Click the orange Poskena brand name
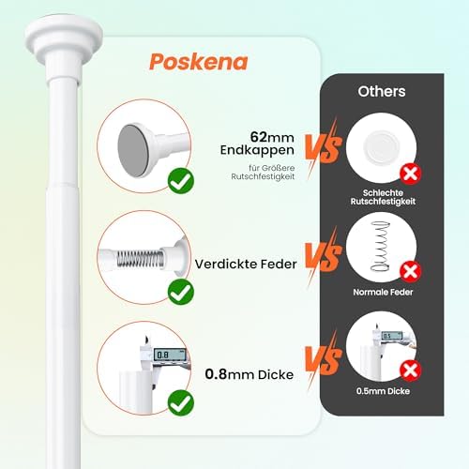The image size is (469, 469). [199, 62]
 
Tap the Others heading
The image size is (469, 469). [382, 91]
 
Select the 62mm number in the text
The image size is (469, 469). [272, 137]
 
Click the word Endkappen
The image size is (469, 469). [257, 150]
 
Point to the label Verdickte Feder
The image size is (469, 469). [246, 265]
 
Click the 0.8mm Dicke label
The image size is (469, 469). [250, 374]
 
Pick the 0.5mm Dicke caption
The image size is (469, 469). [383, 391]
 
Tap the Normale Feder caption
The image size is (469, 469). [383, 292]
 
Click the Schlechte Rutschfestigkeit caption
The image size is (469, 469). [383, 197]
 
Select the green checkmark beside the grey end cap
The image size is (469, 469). [181, 181]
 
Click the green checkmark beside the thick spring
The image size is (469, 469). [181, 292]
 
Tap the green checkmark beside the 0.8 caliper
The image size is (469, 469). [181, 402]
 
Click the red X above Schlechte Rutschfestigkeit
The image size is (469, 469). [411, 174]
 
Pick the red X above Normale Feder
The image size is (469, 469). [411, 271]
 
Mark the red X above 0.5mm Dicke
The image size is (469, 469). [411, 371]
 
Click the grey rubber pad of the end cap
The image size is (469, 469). [133, 150]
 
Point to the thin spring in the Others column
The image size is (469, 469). [380, 246]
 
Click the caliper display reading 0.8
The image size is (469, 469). [170, 355]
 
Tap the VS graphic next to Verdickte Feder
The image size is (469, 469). [324, 257]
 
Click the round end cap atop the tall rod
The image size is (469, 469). [64, 39]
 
